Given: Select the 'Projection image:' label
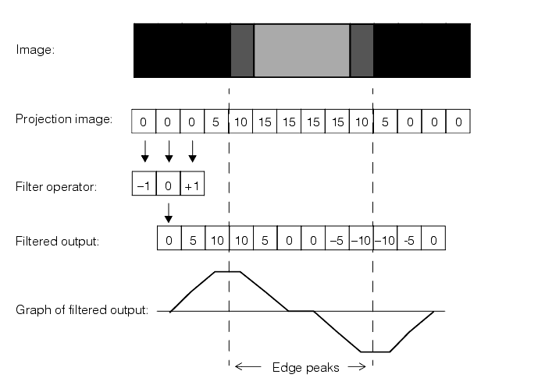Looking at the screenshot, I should (63, 119).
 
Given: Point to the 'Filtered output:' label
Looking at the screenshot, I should (57, 241).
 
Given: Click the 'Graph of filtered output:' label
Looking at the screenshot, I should (81, 310).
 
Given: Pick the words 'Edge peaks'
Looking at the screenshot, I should (305, 367).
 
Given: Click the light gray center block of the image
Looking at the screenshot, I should (301, 51).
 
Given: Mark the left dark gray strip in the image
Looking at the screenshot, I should (242, 51).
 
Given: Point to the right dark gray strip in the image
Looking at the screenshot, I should (362, 51).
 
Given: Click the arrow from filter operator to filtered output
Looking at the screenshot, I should (169, 210).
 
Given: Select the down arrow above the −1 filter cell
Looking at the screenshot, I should (144, 153).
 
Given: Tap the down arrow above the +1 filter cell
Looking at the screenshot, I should (193, 153).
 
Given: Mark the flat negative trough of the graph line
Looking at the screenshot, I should (375, 351).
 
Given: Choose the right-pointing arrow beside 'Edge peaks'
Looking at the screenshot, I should (356, 367).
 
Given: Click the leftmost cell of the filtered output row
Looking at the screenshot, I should (169, 240).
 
